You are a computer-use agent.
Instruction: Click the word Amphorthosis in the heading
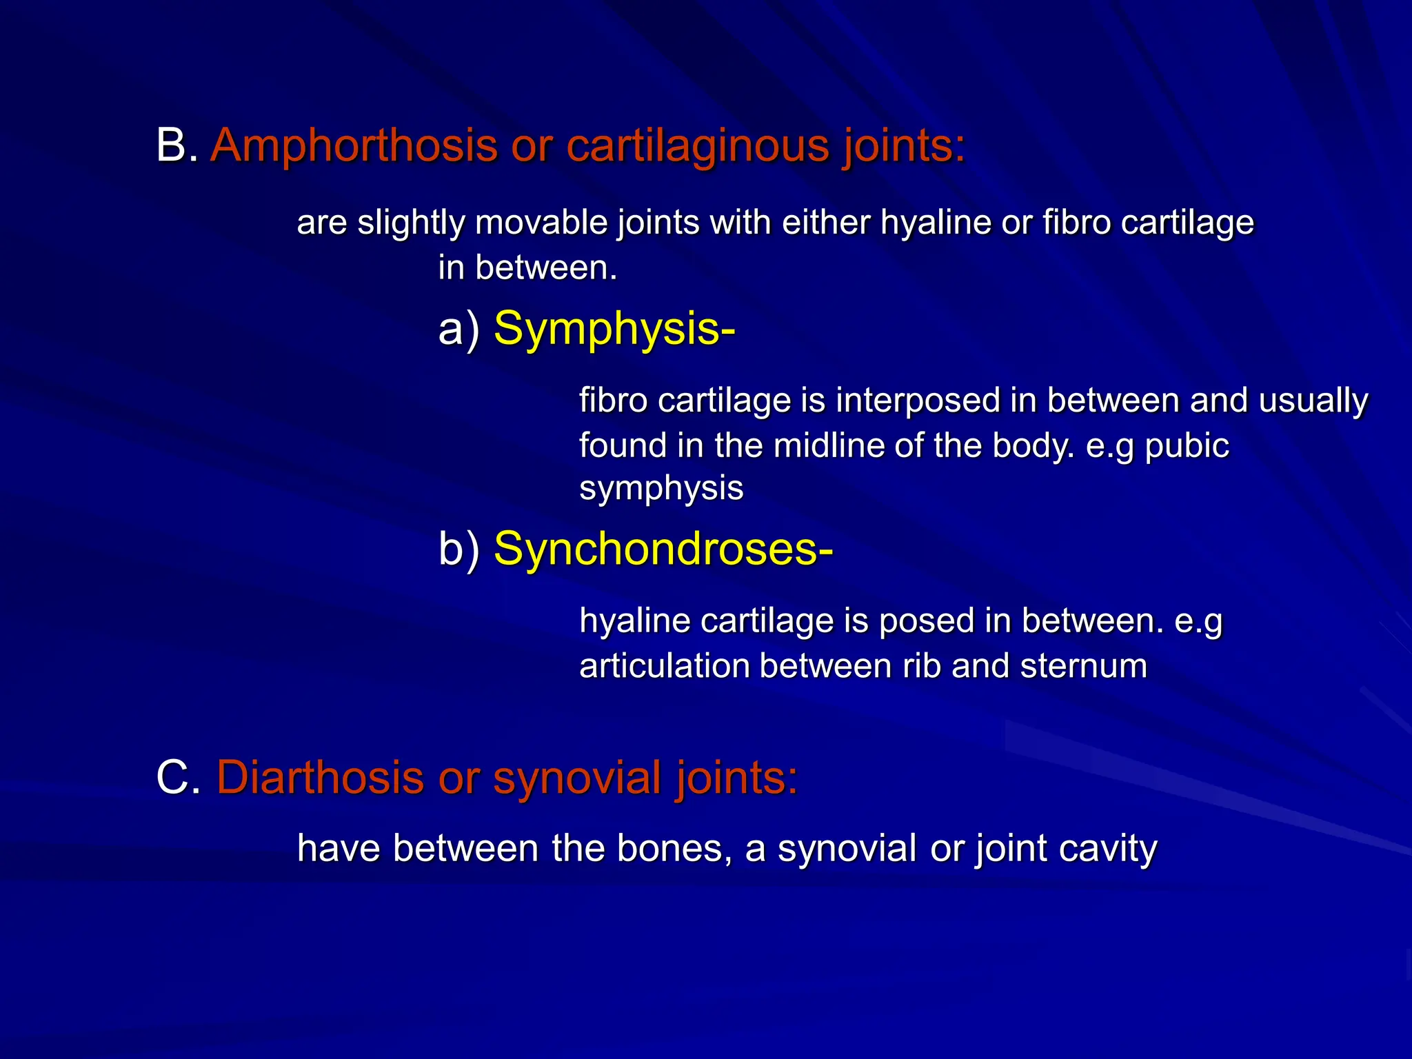pyautogui.click(x=354, y=146)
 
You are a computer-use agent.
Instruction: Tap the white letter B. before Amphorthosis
pyautogui.click(x=176, y=146)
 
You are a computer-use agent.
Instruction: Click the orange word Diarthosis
pyautogui.click(x=320, y=778)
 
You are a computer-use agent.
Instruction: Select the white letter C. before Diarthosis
pyautogui.click(x=178, y=778)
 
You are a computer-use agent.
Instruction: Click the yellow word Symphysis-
pyautogui.click(x=614, y=329)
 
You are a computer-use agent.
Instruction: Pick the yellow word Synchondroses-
pyautogui.click(x=663, y=549)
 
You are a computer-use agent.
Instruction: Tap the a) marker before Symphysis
pyautogui.click(x=458, y=329)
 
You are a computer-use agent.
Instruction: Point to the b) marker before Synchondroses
pyautogui.click(x=458, y=549)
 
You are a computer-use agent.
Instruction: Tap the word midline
pyautogui.click(x=828, y=445)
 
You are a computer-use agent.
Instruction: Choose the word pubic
pyautogui.click(x=1187, y=445)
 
